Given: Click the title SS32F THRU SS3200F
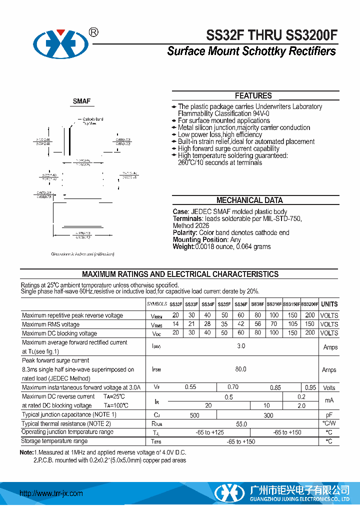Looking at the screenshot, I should coord(272,35).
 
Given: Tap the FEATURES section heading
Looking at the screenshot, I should coord(253,96).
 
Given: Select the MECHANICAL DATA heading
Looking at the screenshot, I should coord(249,200).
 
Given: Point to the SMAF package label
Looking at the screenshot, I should coord(81,101).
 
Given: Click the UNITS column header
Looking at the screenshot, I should coord(329,304).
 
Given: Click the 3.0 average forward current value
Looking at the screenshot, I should coord(241,346).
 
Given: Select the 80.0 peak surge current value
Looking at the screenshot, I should coord(241,369).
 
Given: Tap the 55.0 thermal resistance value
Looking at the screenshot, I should coord(241,424).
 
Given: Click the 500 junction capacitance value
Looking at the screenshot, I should coord(194,415).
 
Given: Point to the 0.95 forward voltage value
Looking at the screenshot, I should coord(310,387).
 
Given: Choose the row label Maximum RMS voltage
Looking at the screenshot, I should coord(50,324).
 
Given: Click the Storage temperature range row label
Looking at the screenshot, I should coord(54,441).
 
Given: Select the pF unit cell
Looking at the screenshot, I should coord(329,415).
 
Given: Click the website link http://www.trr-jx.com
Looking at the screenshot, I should coord(50,493).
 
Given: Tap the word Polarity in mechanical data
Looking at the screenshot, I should coord(185,233).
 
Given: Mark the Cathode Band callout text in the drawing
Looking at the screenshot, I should coord(92,119).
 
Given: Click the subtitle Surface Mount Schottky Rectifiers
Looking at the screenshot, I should coord(251,51).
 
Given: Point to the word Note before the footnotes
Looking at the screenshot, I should coord(26,452).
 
